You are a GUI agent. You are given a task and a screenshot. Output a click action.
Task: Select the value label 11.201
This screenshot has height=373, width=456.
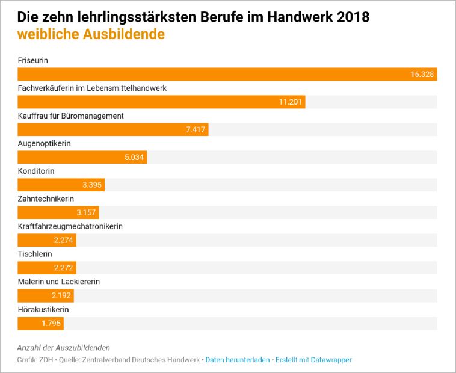click(x=290, y=102)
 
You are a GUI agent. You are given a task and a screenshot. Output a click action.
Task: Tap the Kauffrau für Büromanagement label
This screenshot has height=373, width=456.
click(x=71, y=116)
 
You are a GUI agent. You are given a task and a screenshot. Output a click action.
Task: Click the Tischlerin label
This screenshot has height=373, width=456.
click(x=35, y=254)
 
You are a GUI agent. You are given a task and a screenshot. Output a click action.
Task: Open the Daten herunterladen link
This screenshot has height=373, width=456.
click(x=238, y=360)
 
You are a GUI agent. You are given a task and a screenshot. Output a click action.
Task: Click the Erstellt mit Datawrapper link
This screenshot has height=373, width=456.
click(x=313, y=360)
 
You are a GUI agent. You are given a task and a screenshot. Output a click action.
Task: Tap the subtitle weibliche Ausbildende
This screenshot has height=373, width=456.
click(x=91, y=34)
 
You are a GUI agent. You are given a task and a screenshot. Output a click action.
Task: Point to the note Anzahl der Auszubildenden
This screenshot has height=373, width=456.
click(x=64, y=348)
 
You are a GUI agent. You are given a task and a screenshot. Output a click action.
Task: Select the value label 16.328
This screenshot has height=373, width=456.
click(x=422, y=75)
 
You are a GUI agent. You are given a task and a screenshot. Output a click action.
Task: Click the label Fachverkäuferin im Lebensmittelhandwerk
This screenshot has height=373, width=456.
click(x=92, y=88)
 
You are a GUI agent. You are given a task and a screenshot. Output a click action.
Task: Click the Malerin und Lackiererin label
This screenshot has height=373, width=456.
click(x=59, y=282)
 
